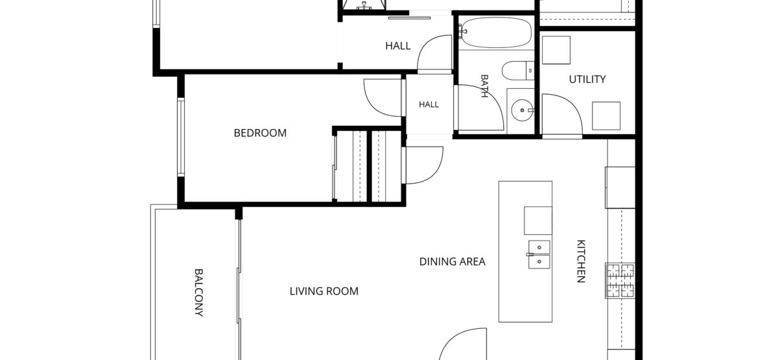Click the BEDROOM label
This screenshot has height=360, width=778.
pyautogui.click(x=260, y=133)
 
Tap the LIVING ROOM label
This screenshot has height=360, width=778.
pyautogui.click(x=324, y=291)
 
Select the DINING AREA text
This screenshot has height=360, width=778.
pyautogui.click(x=453, y=261)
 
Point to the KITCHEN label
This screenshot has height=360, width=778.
pyautogui.click(x=581, y=261)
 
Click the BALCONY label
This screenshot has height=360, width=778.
pyautogui.click(x=198, y=293)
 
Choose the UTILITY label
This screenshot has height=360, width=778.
pyautogui.click(x=587, y=80)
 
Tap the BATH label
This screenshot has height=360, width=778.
pyautogui.click(x=484, y=86)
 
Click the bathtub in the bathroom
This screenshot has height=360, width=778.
pyautogui.click(x=495, y=32)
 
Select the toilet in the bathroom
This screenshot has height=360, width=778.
pyautogui.click(x=518, y=71)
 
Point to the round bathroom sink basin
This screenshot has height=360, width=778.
pyautogui.click(x=522, y=110)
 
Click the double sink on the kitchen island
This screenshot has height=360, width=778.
pyautogui.click(x=539, y=254)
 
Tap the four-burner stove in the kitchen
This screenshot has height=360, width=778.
pyautogui.click(x=620, y=281)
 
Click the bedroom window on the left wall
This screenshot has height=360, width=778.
pyautogui.click(x=181, y=138)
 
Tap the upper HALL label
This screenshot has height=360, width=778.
pyautogui.click(x=398, y=46)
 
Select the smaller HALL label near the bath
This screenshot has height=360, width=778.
pyautogui.click(x=429, y=104)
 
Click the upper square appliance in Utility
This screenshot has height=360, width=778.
pyautogui.click(x=556, y=50)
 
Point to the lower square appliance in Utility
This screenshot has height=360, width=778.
pyautogui.click(x=606, y=115)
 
